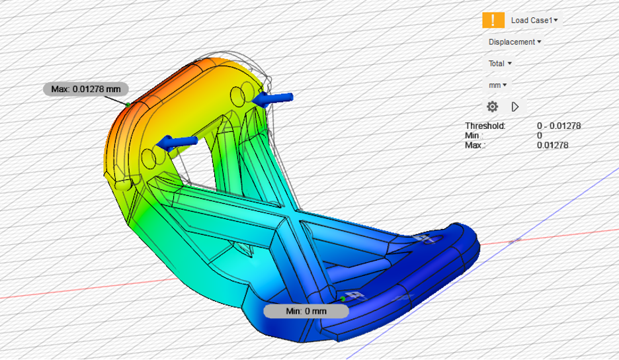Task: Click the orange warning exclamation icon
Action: pyautogui.click(x=493, y=20)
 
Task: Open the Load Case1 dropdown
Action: pyautogui.click(x=534, y=21)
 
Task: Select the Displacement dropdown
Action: pyautogui.click(x=515, y=42)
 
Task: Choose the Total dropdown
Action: pyautogui.click(x=500, y=64)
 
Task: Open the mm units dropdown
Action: pyautogui.click(x=498, y=85)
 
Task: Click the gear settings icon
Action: pyautogui.click(x=492, y=107)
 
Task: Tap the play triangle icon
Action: pyautogui.click(x=515, y=107)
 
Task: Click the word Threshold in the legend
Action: pyautogui.click(x=485, y=126)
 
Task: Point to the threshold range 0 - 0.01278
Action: pyautogui.click(x=559, y=126)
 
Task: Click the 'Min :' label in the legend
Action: pyautogui.click(x=475, y=136)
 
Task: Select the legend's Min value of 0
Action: pyautogui.click(x=540, y=136)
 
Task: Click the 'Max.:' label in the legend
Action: pyautogui.click(x=477, y=145)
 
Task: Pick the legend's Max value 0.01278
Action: pyautogui.click(x=552, y=145)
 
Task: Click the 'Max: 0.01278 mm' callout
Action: pyautogui.click(x=86, y=89)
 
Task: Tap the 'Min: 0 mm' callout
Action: pyautogui.click(x=306, y=311)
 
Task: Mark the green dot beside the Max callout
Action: pyautogui.click(x=126, y=103)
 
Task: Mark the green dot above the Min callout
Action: pyautogui.click(x=343, y=298)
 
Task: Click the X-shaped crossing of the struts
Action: pyautogui.click(x=289, y=218)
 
